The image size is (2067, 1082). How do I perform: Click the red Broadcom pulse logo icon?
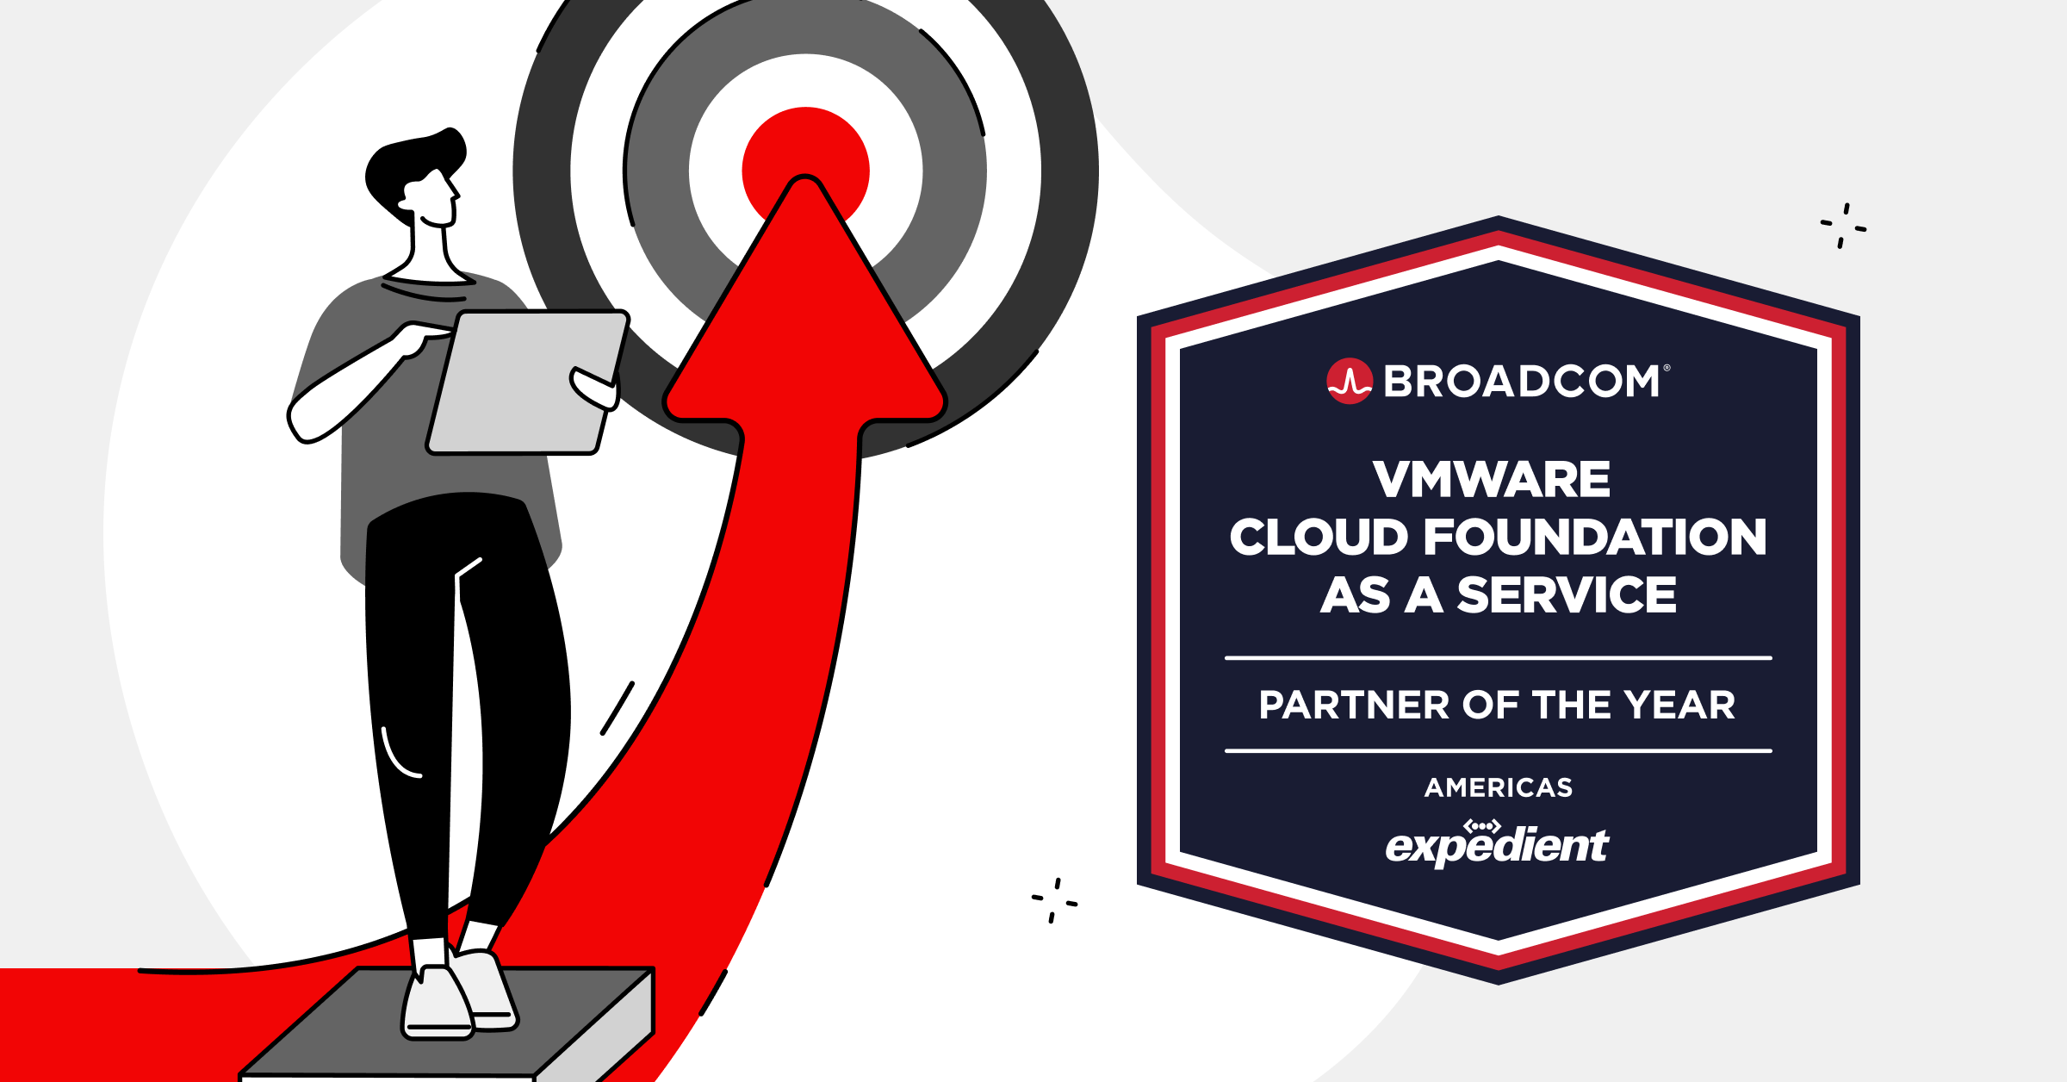pyautogui.click(x=1349, y=381)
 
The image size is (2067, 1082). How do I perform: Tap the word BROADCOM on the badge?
pyautogui.click(x=1522, y=382)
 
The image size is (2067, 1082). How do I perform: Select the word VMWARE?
pyautogui.click(x=1492, y=480)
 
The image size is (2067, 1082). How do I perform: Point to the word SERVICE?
pyautogui.click(x=1567, y=595)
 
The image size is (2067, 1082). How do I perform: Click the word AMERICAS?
pyautogui.click(x=1499, y=787)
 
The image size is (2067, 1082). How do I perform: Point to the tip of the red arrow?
pyautogui.click(x=805, y=183)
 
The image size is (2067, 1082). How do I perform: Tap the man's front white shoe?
pyautogui.click(x=438, y=1004)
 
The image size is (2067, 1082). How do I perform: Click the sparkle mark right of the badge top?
pyautogui.click(x=1843, y=226)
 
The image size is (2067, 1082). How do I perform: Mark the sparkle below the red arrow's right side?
pyautogui.click(x=1054, y=901)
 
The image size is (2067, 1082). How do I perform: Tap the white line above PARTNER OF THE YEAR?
pyautogui.click(x=1499, y=658)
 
